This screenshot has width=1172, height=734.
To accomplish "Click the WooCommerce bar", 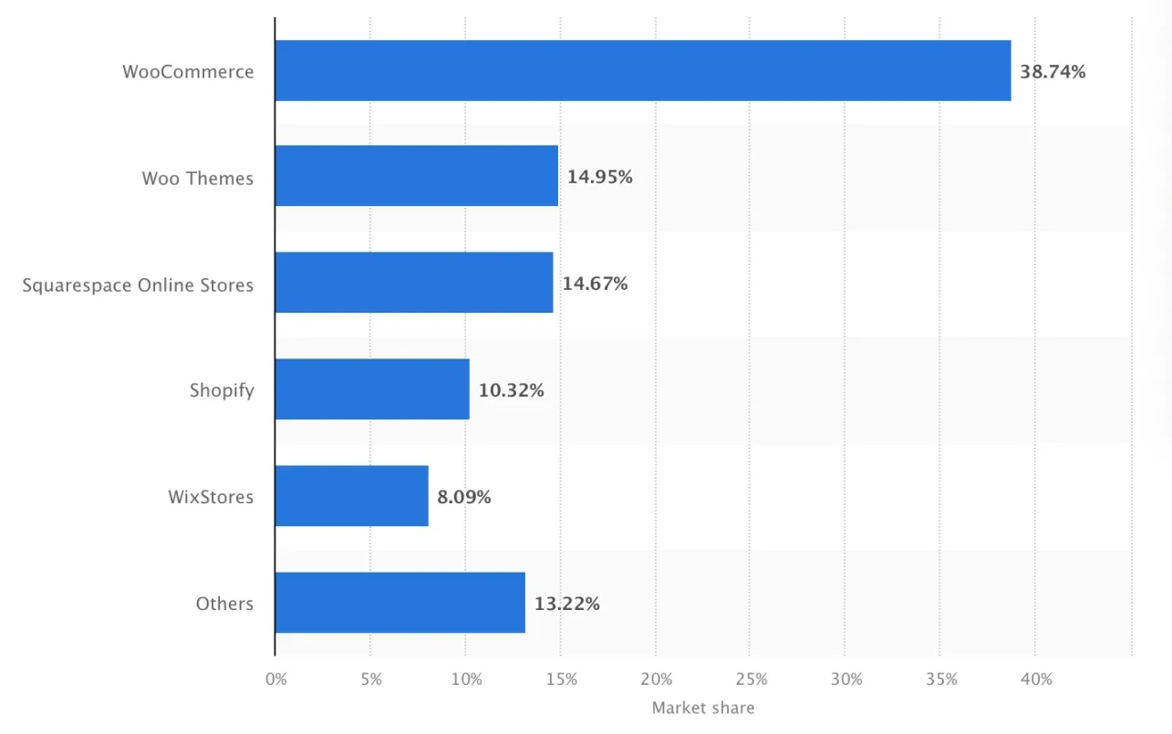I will [642, 70].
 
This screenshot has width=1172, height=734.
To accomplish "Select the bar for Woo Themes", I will [416, 176].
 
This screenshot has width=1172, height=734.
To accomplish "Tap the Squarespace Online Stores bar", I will [413, 283].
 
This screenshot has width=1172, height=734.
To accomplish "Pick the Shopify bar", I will [372, 389].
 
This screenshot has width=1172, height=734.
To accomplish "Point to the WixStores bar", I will [351, 496].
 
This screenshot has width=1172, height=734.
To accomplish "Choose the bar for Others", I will [399, 603].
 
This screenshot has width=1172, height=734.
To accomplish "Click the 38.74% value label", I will [1053, 71].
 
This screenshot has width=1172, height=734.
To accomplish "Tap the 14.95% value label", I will [599, 177].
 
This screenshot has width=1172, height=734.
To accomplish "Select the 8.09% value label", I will [464, 497].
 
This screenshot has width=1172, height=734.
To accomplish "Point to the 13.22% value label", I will [567, 604].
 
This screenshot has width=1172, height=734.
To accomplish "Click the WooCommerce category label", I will [188, 71].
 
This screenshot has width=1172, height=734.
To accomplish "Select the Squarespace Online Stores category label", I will [138, 284].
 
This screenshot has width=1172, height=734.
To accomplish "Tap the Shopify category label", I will [222, 391].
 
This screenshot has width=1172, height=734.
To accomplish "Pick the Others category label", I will [224, 604].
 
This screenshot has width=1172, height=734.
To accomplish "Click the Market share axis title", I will [703, 708].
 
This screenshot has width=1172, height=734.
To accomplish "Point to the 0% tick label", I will [275, 679].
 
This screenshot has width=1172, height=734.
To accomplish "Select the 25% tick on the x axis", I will [751, 679].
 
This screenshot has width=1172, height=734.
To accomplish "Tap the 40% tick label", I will [1036, 679].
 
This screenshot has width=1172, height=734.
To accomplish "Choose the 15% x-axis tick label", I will [561, 679].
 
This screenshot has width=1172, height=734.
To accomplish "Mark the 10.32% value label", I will [511, 390].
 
